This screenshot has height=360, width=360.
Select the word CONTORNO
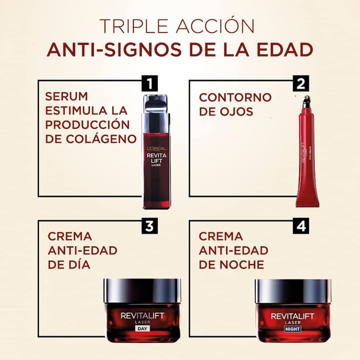[x=235, y=97]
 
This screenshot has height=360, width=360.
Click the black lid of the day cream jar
[x=142, y=290]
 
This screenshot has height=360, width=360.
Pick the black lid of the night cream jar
[x=292, y=290]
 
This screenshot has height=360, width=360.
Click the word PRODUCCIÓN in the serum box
[x=87, y=125]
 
